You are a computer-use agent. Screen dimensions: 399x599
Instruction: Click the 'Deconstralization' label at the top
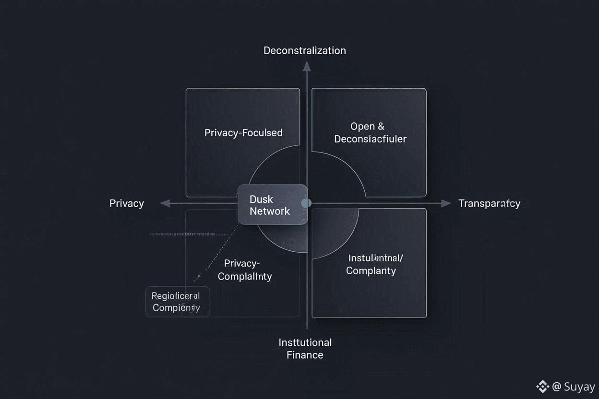[x=304, y=50]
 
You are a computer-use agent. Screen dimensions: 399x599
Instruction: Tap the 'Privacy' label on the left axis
[x=127, y=203]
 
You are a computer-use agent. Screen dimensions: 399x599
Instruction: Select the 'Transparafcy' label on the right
[x=489, y=203]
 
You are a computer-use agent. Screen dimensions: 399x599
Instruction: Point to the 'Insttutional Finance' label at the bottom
[x=305, y=349]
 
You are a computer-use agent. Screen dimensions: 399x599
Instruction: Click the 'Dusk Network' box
[x=272, y=204]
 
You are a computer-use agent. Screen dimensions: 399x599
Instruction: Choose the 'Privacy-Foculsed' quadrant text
[x=243, y=133]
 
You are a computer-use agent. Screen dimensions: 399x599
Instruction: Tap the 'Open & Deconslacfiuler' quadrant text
[x=370, y=133]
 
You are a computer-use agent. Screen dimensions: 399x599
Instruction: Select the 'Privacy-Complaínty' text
[x=245, y=270]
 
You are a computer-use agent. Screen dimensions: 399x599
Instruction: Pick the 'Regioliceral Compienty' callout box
[x=178, y=302]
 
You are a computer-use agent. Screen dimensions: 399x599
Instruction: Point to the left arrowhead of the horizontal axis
[x=165, y=203]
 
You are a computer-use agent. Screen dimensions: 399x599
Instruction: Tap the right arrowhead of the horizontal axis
[x=446, y=203]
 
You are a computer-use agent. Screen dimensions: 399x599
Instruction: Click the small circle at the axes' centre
[x=306, y=203]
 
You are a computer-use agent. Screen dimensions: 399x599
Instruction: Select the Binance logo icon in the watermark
[x=542, y=386]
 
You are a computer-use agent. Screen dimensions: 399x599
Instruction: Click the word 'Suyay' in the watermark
[x=579, y=387]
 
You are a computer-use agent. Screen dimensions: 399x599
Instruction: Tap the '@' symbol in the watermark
[x=557, y=387]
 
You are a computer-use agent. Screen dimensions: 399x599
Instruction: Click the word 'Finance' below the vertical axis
[x=305, y=355]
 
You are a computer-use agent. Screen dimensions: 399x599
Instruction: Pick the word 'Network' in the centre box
[x=270, y=211]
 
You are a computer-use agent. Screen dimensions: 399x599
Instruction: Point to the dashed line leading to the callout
[x=216, y=254]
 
